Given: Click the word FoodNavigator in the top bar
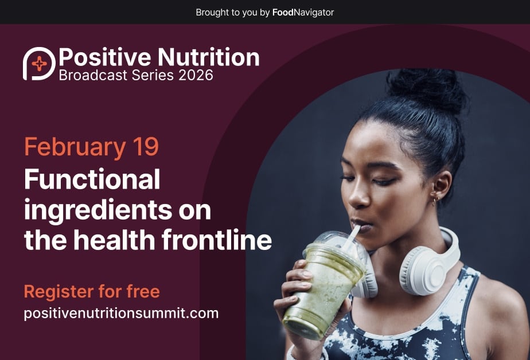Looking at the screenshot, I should (x=303, y=12).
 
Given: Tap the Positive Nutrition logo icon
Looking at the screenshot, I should (x=39, y=64).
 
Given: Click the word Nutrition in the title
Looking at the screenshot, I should (x=208, y=57).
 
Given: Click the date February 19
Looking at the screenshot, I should (x=91, y=147).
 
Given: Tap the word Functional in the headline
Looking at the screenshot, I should (x=92, y=181).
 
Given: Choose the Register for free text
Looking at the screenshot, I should (x=92, y=291).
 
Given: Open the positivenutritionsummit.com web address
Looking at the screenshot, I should (x=121, y=314).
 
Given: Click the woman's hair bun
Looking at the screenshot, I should (x=426, y=90).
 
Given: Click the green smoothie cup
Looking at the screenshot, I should (x=325, y=287).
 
